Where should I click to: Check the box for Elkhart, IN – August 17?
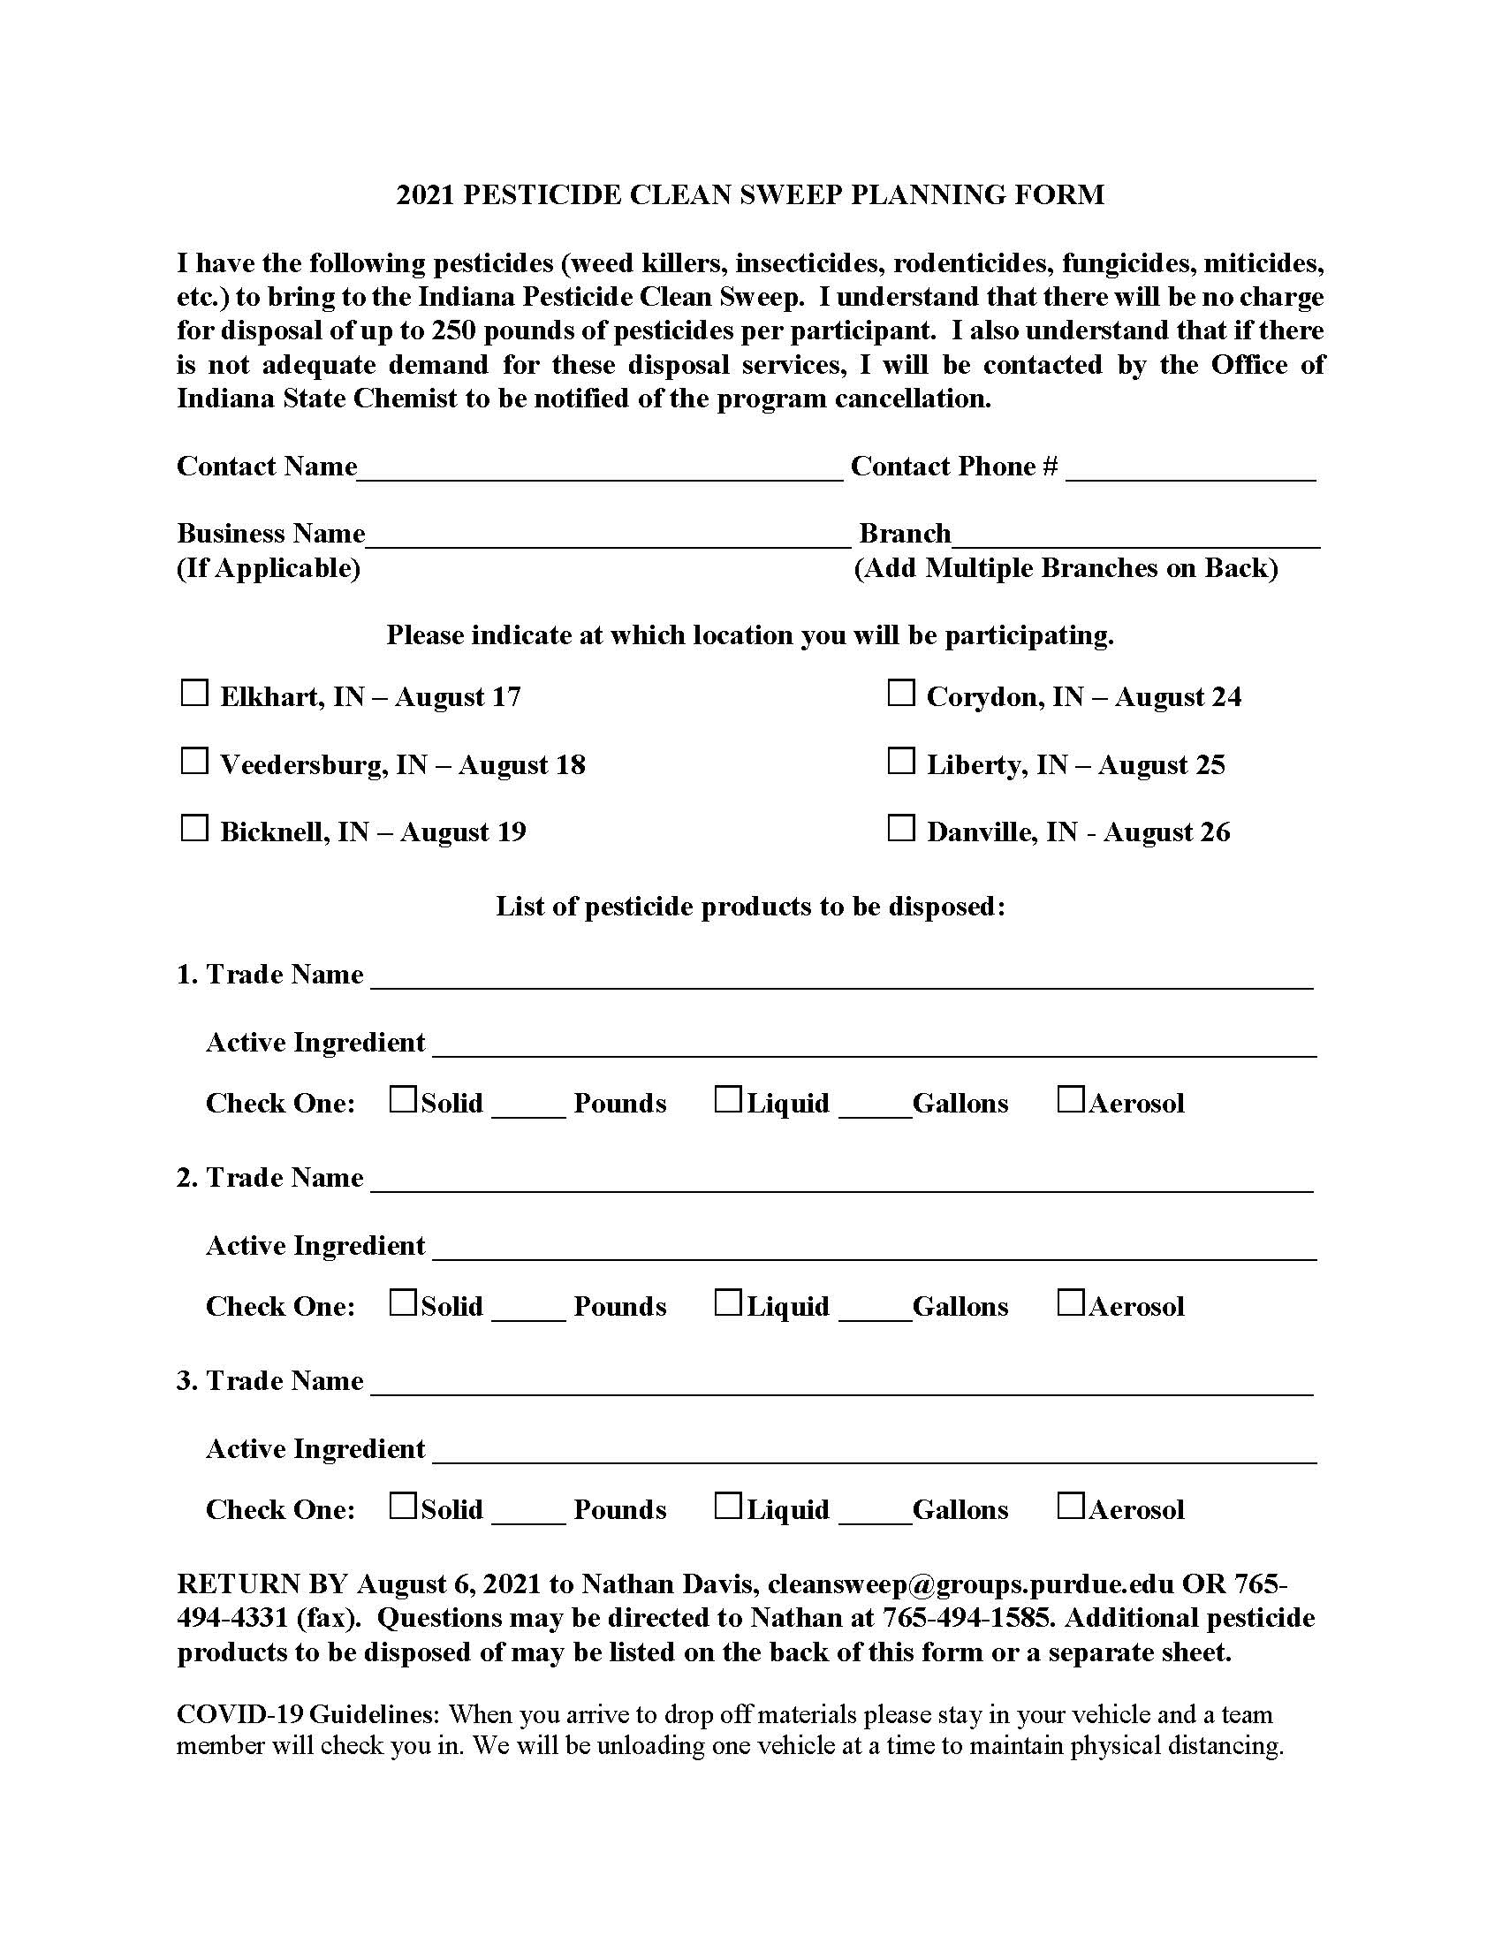[194, 693]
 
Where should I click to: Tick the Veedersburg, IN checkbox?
[194, 761]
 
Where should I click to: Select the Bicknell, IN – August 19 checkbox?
[194, 828]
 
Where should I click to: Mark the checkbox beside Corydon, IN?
[900, 693]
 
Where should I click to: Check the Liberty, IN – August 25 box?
[900, 761]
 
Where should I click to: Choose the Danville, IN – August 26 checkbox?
[900, 828]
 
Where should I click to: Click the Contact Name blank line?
[600, 472]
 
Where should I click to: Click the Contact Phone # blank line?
[1190, 472]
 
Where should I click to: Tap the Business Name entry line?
[609, 538]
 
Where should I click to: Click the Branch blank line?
[1135, 538]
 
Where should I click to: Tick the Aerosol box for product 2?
[1071, 1302]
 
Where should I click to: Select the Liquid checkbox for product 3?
[728, 1505]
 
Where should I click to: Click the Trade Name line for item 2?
[842, 1182]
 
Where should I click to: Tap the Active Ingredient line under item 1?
[874, 1047]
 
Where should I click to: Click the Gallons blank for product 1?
[876, 1107]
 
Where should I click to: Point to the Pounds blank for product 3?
[527, 1513]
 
